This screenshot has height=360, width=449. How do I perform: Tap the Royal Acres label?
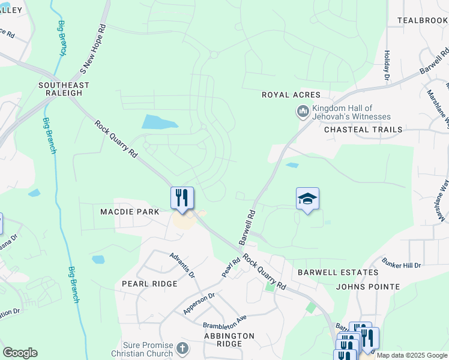(291, 95)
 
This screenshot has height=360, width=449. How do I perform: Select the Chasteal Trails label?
(361, 130)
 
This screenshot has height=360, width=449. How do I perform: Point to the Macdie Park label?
(130, 212)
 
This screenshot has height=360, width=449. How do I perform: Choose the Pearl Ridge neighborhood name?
(149, 284)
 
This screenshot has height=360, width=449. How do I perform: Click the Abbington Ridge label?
(229, 340)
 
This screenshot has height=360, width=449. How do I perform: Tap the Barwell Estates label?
(338, 272)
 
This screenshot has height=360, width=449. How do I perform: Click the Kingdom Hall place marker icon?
(303, 112)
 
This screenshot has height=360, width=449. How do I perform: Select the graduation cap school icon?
(307, 199)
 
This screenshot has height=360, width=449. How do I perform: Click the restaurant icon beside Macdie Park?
(182, 198)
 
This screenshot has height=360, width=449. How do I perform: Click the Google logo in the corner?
(20, 353)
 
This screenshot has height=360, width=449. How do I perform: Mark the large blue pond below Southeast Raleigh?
(159, 122)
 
